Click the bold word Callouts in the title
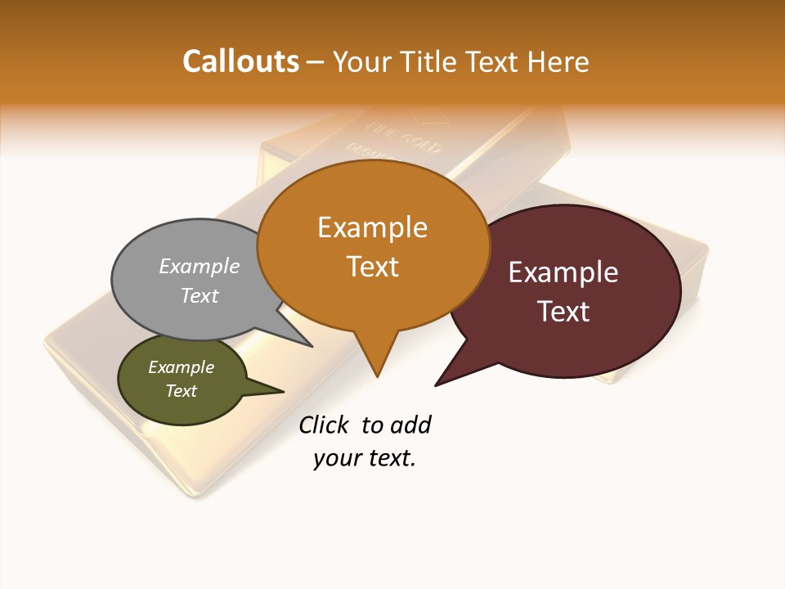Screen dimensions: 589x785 click(x=240, y=61)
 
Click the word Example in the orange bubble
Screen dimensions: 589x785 click(x=372, y=227)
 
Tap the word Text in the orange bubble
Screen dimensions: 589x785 click(x=372, y=266)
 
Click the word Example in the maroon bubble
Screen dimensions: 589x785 click(x=563, y=272)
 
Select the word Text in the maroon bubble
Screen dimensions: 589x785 click(x=563, y=311)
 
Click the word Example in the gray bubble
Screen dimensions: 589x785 click(x=200, y=266)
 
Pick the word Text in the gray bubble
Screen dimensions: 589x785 click(x=200, y=295)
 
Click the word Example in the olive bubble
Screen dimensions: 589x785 click(x=181, y=367)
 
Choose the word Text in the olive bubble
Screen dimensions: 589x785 click(x=181, y=391)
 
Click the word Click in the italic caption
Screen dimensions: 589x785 click(x=323, y=425)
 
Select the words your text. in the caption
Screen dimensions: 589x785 click(x=365, y=458)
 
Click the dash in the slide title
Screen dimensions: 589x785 click(x=316, y=61)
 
